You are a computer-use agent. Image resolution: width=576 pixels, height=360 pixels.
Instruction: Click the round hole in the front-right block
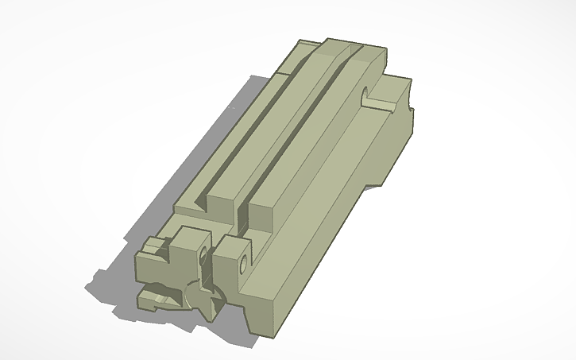(x=242, y=262)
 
